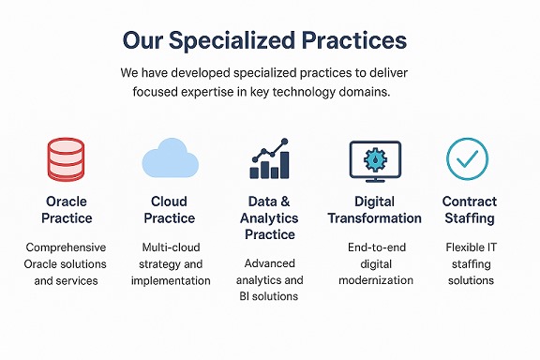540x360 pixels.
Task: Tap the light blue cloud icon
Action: coord(169,157)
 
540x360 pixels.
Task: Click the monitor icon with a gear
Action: coord(374,159)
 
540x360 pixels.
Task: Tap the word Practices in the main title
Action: coord(360,40)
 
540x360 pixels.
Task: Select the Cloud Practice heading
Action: coord(169,209)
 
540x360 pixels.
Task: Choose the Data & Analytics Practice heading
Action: coord(270,217)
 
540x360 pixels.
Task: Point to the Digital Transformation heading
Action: coord(374,209)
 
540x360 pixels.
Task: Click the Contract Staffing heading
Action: coord(470,209)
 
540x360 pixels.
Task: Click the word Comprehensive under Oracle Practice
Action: coord(67,247)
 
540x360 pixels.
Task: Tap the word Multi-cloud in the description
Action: coord(169,247)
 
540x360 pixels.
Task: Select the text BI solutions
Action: coord(270,296)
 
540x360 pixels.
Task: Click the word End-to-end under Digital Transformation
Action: coord(375,247)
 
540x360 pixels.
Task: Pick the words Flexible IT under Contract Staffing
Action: coord(470,247)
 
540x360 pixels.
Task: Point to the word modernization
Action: coord(375,280)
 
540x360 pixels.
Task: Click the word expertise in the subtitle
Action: coord(238,92)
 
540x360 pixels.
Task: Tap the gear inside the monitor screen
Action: coord(374,156)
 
